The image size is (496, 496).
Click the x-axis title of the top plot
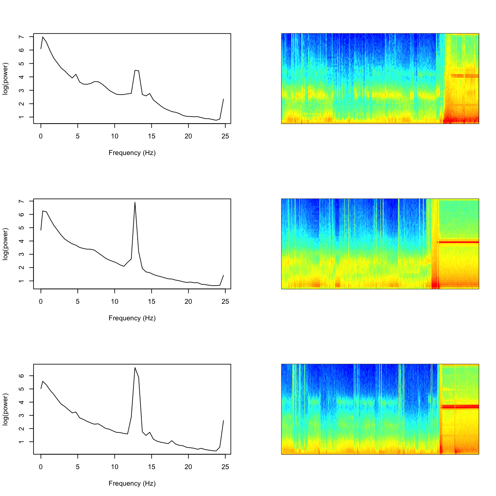(132, 153)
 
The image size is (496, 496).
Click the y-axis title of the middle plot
(5, 244)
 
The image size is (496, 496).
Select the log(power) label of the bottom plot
(5, 409)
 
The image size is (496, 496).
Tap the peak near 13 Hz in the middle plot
(135, 203)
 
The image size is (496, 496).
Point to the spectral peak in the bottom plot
(135, 367)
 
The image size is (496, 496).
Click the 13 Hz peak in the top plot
(136, 71)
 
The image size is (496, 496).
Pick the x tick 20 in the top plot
(188, 136)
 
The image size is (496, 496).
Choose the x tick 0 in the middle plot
(41, 302)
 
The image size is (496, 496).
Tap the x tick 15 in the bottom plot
(152, 467)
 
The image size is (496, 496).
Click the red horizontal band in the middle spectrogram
(458, 242)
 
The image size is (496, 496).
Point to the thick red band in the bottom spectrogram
(460, 407)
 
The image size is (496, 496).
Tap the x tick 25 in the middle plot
(225, 302)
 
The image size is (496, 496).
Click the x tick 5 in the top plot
(78, 136)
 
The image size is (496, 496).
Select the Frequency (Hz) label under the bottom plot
(132, 483)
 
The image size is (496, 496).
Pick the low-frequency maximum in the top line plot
(43, 37)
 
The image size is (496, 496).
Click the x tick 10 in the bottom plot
(114, 467)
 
